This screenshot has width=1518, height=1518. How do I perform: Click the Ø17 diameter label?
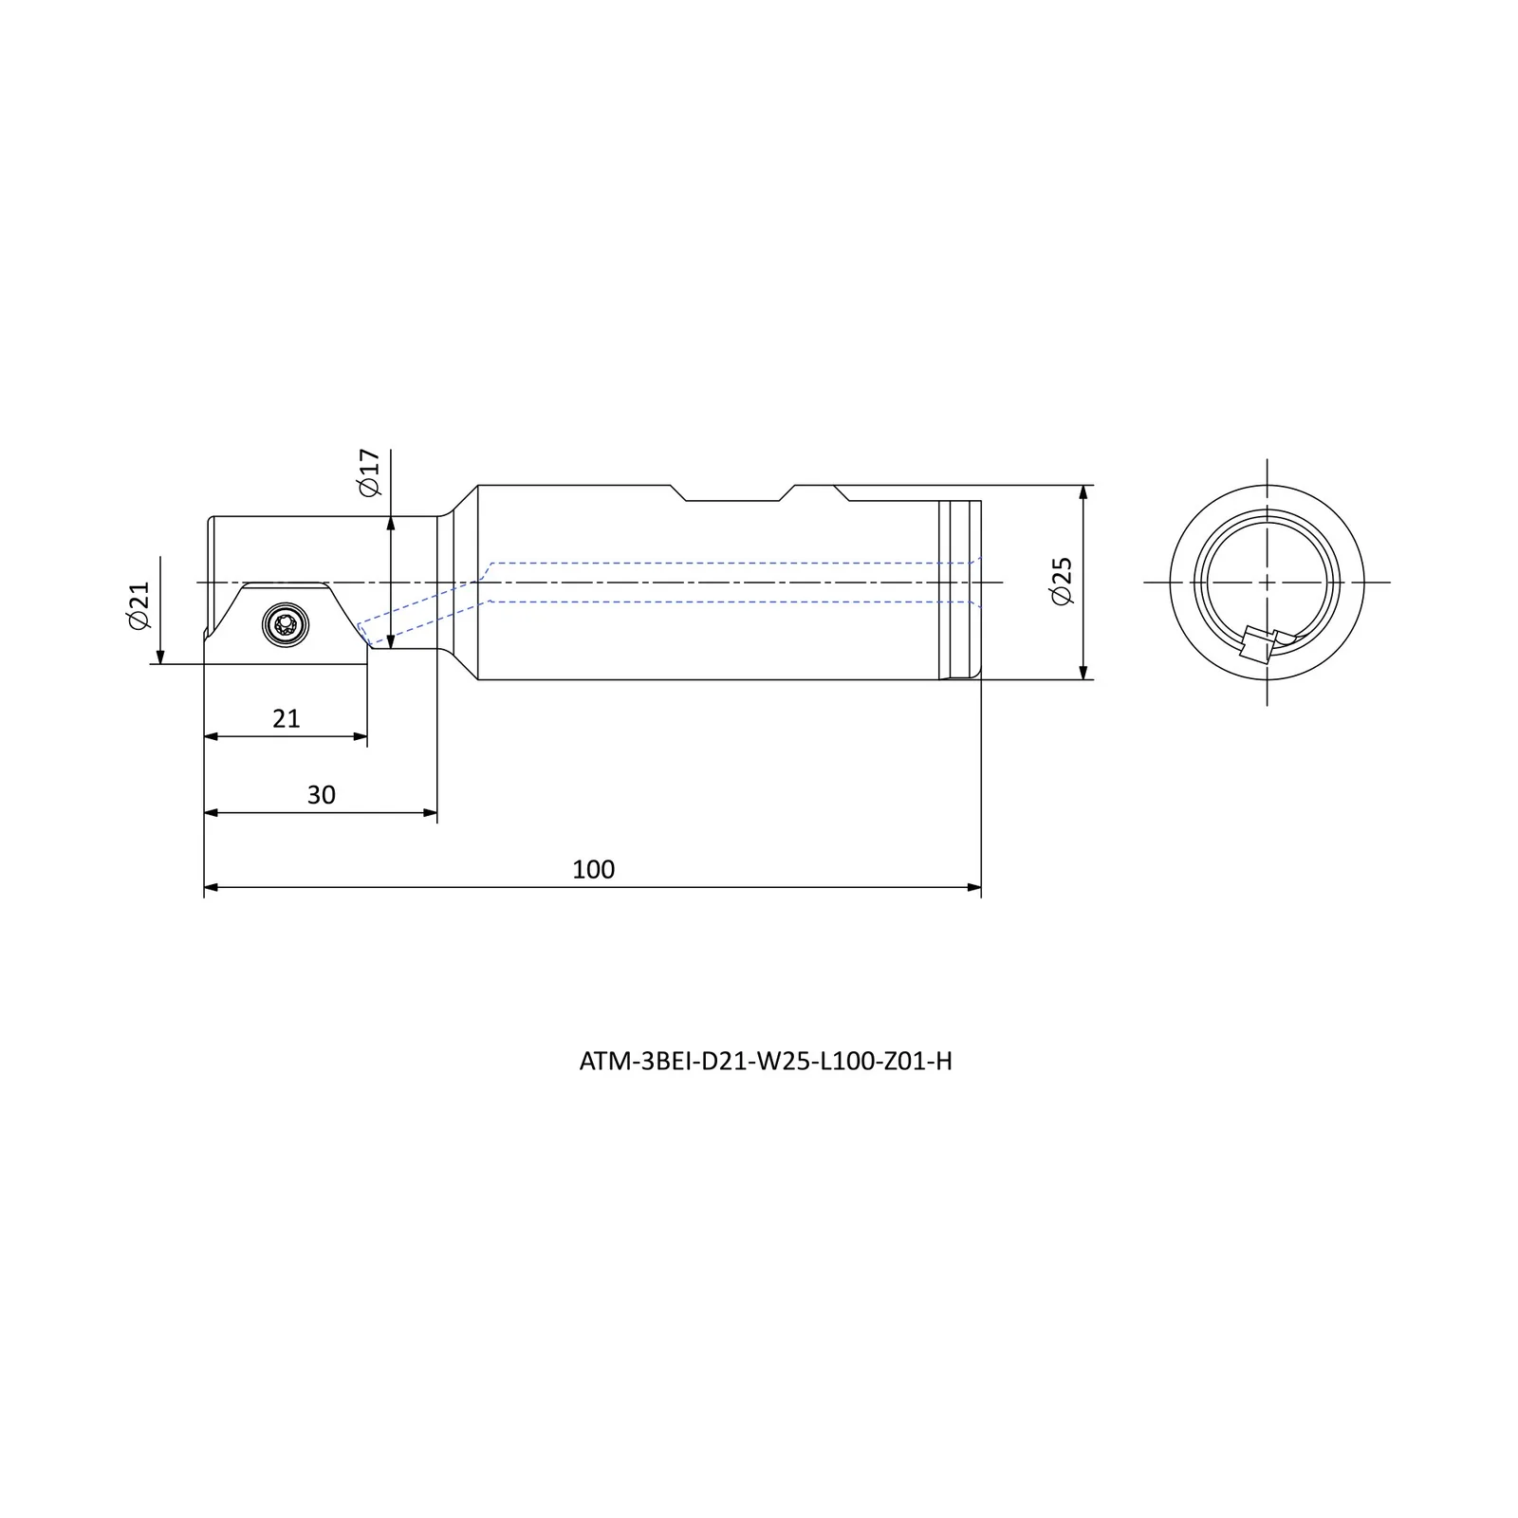tap(369, 472)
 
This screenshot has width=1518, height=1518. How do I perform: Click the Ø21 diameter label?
tap(139, 605)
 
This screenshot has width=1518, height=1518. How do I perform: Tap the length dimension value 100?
tap(594, 869)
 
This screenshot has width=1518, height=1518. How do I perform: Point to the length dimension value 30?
tap(321, 795)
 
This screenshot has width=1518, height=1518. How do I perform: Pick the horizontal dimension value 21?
tap(286, 719)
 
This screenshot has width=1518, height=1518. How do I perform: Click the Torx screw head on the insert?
tap(283, 624)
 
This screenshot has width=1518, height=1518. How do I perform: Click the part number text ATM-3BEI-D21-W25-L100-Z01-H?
tap(766, 1062)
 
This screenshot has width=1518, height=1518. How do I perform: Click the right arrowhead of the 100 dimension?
tap(973, 888)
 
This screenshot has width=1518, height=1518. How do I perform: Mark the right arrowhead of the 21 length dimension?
tap(360, 736)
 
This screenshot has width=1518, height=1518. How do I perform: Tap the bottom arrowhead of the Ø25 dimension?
tap(1083, 672)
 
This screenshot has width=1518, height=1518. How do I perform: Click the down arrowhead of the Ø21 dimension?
tap(161, 656)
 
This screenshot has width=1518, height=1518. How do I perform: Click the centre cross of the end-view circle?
tap(1267, 582)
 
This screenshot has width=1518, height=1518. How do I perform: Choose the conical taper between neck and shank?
tap(457, 583)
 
